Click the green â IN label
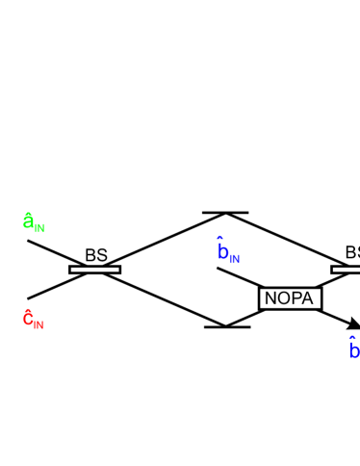point(33,222)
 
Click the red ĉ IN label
point(33,319)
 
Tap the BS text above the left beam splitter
point(95,255)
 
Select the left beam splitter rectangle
point(95,270)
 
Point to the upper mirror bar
point(225,213)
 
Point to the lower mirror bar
point(227,327)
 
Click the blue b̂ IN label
point(227,252)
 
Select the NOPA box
point(290,298)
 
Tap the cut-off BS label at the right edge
point(352,252)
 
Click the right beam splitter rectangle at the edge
point(347,270)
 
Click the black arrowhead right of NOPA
point(353,324)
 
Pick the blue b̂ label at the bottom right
point(353,349)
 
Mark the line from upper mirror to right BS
point(289,242)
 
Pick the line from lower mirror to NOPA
point(243,320)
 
